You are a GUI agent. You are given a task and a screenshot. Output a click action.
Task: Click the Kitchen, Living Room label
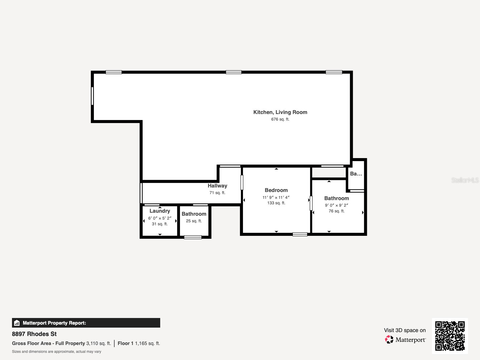click(x=280, y=112)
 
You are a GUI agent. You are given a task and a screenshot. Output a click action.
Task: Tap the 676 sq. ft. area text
click(x=280, y=119)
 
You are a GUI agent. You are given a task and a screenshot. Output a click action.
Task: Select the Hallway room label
click(x=217, y=186)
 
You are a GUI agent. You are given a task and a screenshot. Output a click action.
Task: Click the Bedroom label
click(x=276, y=190)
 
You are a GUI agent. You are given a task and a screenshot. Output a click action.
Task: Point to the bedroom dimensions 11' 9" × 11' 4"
click(x=276, y=197)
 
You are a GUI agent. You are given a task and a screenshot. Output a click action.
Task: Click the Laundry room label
click(x=160, y=211)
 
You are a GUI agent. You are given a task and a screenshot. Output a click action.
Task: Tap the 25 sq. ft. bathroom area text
click(x=194, y=221)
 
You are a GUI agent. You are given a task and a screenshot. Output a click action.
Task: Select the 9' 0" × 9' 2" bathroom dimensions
click(x=336, y=205)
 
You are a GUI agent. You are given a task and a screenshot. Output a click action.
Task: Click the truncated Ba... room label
click(x=356, y=174)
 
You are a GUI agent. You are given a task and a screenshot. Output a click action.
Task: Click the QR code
click(x=450, y=336)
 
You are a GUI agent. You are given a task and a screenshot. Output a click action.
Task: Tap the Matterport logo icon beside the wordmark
click(x=389, y=340)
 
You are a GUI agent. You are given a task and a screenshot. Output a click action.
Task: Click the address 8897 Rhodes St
click(x=34, y=334)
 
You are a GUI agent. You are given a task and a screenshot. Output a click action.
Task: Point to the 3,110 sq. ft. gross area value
click(x=99, y=343)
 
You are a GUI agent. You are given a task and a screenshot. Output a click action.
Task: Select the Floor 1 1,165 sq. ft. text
click(x=139, y=343)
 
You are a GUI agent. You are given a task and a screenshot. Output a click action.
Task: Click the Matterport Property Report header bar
click(x=86, y=323)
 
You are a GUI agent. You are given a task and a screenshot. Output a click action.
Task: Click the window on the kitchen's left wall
click(x=92, y=96)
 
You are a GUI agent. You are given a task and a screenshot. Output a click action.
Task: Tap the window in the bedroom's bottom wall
click(x=300, y=234)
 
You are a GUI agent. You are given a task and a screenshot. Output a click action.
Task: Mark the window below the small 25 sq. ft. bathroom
click(x=193, y=237)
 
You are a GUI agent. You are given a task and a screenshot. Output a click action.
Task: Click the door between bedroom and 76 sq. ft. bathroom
click(x=311, y=203)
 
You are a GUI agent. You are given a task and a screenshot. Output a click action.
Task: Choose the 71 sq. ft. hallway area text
click(x=217, y=193)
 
